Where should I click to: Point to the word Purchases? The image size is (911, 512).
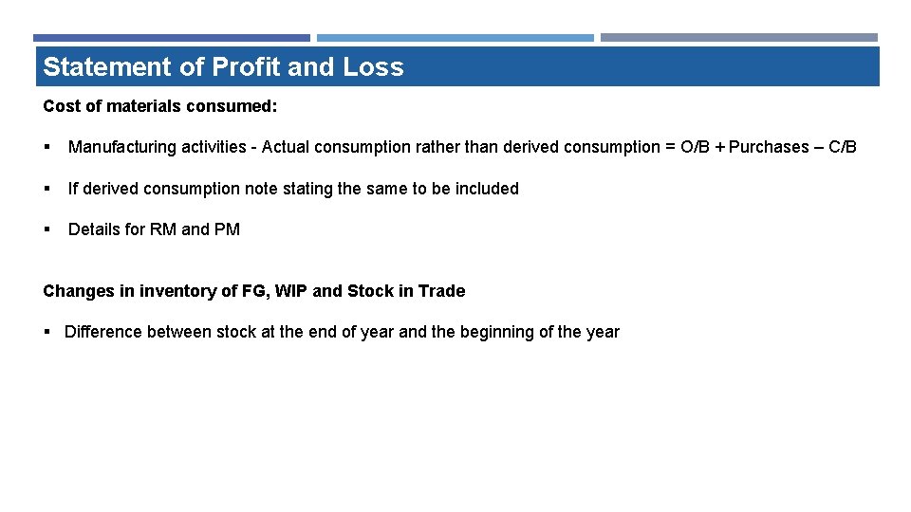pos(768,147)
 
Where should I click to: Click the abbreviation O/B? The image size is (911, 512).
pos(695,147)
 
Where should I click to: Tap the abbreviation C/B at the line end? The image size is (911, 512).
pos(843,147)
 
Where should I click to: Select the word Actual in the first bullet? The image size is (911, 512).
pos(288,147)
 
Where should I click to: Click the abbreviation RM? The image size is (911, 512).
pos(162,229)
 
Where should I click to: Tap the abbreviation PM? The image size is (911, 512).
pos(228,229)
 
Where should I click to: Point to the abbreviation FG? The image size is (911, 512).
pos(253,291)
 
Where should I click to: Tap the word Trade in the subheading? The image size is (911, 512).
pos(442,291)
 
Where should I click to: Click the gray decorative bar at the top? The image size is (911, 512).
pos(738,38)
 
